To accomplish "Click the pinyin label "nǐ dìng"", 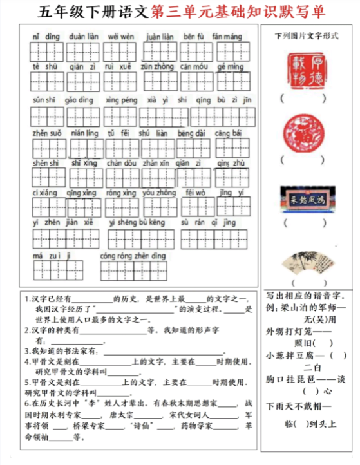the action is [x=46, y=37].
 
